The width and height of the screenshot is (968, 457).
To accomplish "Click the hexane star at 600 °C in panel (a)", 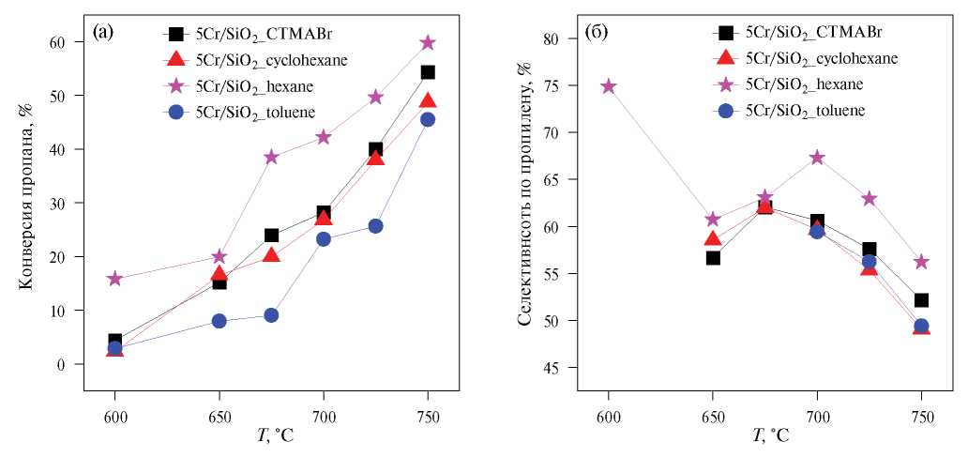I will pyautogui.click(x=114, y=279).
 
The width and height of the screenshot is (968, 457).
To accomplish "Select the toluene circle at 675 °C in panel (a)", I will pyautogui.click(x=271, y=315).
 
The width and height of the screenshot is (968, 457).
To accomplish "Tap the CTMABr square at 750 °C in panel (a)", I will pyautogui.click(x=428, y=72).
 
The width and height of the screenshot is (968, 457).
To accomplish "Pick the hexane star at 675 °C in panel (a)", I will pyautogui.click(x=271, y=157).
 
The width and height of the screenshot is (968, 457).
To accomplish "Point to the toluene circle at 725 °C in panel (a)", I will pyautogui.click(x=375, y=226).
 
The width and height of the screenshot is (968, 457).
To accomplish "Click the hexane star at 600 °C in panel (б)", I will pyautogui.click(x=608, y=86).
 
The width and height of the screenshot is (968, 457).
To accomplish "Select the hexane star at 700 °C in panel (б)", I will pyautogui.click(x=817, y=158).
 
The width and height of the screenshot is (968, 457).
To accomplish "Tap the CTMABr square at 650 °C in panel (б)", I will pyautogui.click(x=713, y=258).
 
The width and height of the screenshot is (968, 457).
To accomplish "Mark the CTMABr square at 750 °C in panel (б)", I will pyautogui.click(x=921, y=300).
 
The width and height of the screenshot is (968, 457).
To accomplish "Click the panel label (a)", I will pyautogui.click(x=104, y=33).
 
